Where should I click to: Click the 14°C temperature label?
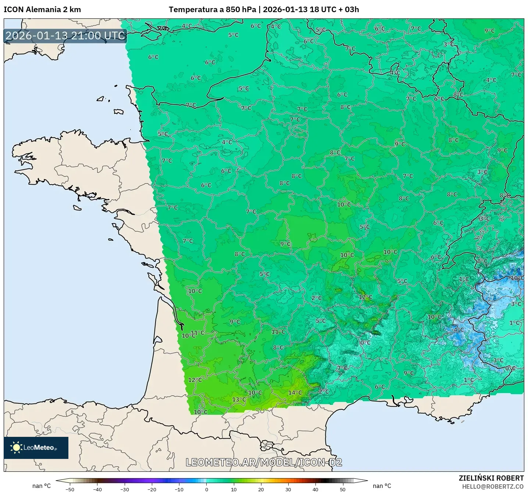[x=295, y=393]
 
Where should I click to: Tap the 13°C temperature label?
[x=239, y=400]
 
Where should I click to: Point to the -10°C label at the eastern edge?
[x=517, y=278]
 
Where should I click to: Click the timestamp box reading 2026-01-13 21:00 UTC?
[x=65, y=36]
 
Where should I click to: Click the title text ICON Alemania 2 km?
[x=42, y=10]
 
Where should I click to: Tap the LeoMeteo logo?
[x=36, y=448]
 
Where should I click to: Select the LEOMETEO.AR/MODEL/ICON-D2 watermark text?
[x=264, y=463]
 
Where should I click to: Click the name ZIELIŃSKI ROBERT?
[x=491, y=478]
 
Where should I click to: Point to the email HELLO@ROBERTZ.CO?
[x=493, y=486]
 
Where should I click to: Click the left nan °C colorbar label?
[x=41, y=486]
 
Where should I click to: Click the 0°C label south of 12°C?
[x=365, y=343]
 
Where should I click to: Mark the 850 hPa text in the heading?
[x=241, y=10]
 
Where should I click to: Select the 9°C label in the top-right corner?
[x=489, y=31]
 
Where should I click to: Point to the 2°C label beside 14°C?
[x=324, y=392]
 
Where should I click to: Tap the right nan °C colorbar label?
[x=382, y=486]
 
